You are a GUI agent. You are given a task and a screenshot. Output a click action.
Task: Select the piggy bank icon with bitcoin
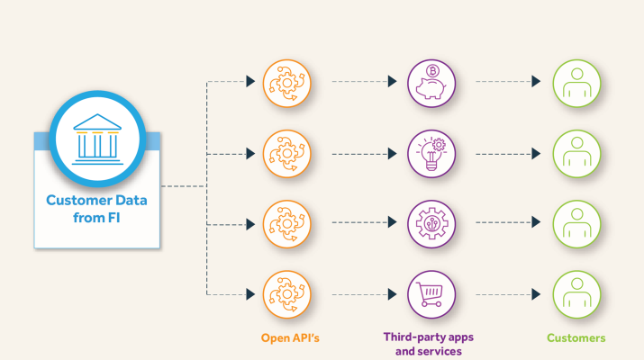(431, 82)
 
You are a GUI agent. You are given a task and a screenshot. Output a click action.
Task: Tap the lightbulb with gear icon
(431, 152)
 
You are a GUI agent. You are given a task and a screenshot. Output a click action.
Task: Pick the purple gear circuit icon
(431, 222)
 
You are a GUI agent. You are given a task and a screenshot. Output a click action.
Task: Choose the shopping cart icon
(431, 292)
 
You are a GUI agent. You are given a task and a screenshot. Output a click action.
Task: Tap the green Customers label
(576, 337)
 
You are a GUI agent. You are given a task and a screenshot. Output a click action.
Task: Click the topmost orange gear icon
(286, 82)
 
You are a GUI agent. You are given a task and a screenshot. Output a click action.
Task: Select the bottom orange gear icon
(286, 292)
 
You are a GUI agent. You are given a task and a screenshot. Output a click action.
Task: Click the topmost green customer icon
(576, 82)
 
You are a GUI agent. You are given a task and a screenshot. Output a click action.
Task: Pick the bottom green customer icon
(576, 292)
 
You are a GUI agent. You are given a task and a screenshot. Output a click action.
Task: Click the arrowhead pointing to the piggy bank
(393, 82)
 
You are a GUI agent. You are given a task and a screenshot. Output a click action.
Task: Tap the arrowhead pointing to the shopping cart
(393, 292)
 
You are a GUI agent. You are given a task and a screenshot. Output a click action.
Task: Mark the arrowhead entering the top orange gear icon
(249, 82)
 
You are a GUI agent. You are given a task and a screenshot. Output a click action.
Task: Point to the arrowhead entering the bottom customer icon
(536, 292)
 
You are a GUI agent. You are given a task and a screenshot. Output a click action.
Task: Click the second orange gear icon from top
(286, 152)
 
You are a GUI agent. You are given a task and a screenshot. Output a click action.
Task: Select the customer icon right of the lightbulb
(576, 152)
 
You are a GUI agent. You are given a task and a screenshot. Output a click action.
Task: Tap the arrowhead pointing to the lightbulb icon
(393, 152)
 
